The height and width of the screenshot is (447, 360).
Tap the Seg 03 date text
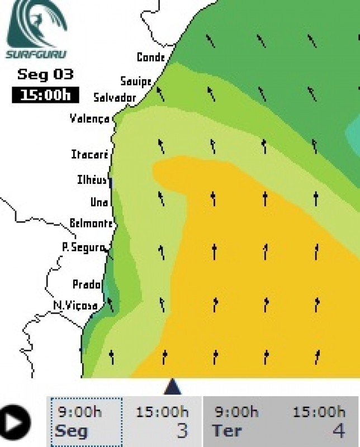point(45,74)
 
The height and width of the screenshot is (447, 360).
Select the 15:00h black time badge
point(45,94)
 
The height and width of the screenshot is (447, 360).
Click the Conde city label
point(151,57)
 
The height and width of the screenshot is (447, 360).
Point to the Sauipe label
point(136,82)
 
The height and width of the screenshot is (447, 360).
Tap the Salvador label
point(115,98)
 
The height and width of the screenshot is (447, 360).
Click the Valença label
point(89,118)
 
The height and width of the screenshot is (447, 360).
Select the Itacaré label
point(89,154)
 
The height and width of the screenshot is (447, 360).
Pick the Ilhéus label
point(92,180)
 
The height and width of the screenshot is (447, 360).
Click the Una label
point(99,202)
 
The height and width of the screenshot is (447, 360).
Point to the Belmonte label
point(91,223)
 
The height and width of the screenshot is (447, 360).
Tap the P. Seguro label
point(83,246)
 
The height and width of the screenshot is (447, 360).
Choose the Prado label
point(87,284)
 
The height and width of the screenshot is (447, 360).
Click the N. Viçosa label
point(75,306)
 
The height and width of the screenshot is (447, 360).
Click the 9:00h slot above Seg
point(80,412)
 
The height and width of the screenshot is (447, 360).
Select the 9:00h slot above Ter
point(236,412)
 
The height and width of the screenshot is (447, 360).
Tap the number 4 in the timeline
point(338,431)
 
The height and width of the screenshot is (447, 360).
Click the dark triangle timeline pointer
point(172,387)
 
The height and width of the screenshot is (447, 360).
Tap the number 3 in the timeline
point(182,431)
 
